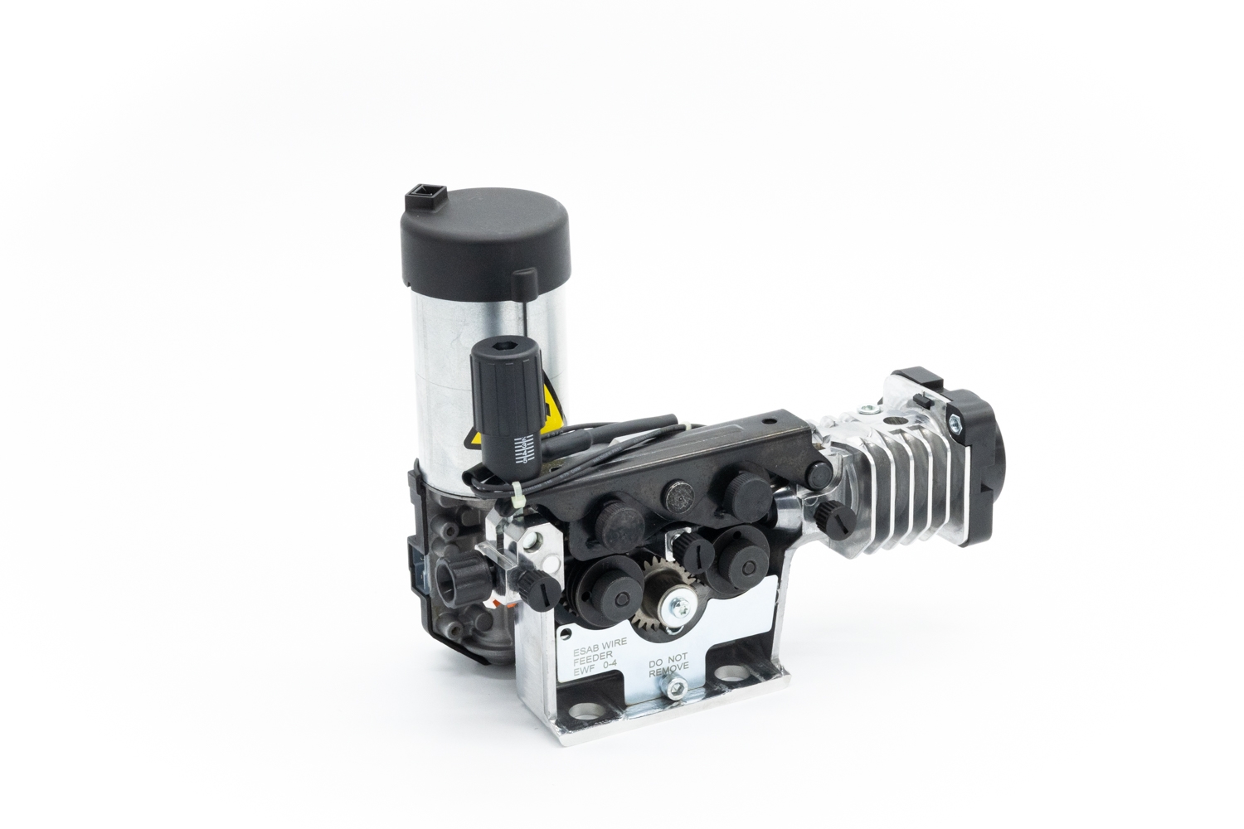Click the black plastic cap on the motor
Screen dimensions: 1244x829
[485, 238]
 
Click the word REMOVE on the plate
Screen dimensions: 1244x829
[668, 671]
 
